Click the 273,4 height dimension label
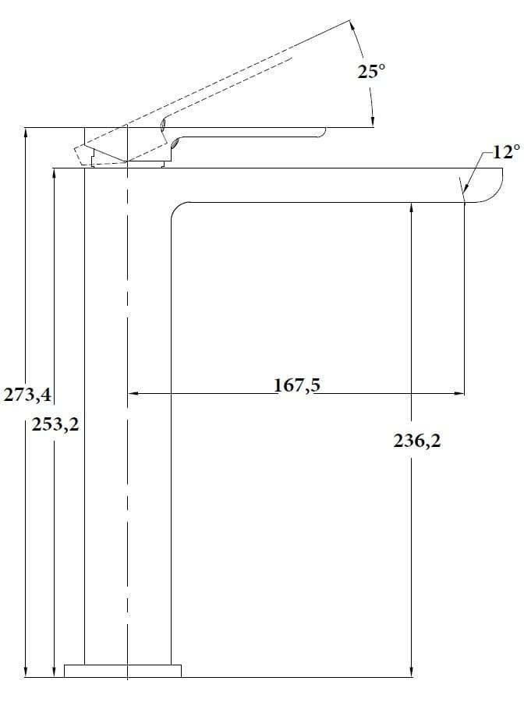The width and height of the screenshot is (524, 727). tap(27, 395)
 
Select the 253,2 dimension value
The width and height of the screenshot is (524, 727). tap(55, 424)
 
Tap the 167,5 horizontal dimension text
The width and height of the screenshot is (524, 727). tap(296, 385)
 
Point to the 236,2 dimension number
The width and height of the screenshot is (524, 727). tap(417, 441)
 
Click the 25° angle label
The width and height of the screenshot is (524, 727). tap(370, 71)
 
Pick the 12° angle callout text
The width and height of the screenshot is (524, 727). tap(505, 151)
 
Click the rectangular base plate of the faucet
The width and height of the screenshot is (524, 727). tap(122, 671)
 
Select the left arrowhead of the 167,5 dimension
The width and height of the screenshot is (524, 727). tap(134, 394)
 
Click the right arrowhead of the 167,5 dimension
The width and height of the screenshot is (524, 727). tap(458, 394)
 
